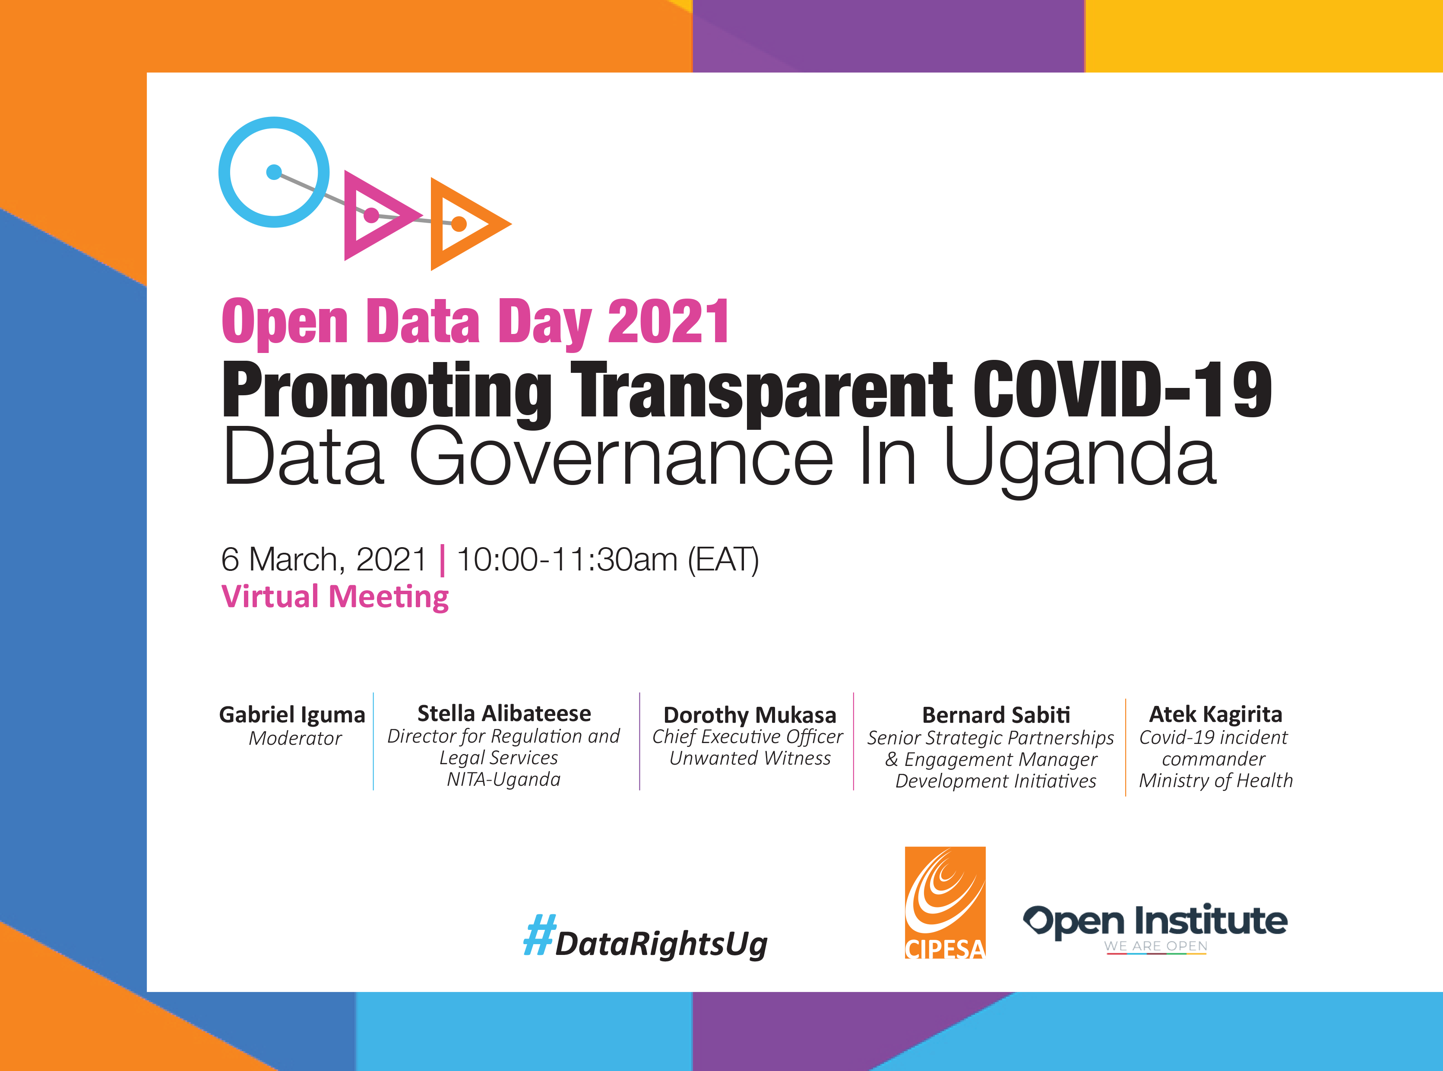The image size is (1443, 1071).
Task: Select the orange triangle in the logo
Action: pos(437,224)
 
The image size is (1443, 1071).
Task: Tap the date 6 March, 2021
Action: pos(324,560)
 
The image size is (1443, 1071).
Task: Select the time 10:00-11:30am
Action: pos(567,560)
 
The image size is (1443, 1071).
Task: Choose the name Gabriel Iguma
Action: pos(292,715)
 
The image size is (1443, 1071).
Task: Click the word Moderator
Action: pos(295,738)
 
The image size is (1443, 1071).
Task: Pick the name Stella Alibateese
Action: pos(504,713)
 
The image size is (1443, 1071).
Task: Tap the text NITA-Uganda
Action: pos(504,779)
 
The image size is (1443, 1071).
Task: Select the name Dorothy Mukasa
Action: pos(750,715)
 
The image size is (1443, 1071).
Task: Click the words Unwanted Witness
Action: pos(750,759)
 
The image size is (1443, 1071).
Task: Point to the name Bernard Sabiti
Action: pos(996,715)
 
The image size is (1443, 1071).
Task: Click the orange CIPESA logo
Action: pos(945,902)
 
